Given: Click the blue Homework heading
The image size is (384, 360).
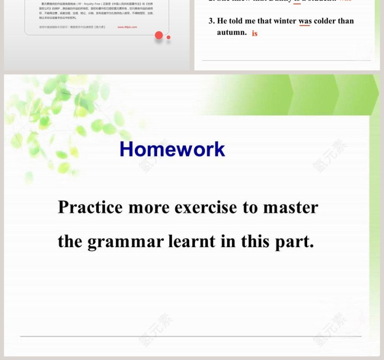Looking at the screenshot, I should [x=172, y=149].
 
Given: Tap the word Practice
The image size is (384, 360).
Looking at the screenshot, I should [x=90, y=207].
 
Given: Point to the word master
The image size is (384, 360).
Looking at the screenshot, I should [x=290, y=207].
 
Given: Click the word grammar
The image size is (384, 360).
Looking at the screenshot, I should [x=125, y=241].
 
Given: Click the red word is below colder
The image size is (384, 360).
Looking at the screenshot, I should [x=255, y=33].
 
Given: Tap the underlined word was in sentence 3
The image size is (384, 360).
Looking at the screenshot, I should [x=305, y=21].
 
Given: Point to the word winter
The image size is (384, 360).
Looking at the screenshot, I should [x=285, y=21].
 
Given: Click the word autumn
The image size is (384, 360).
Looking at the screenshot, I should [x=232, y=32].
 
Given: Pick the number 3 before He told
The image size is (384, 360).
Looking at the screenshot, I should [x=211, y=21].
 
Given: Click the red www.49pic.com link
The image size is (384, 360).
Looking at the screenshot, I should [x=127, y=27].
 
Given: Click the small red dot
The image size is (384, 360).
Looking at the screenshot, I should [x=169, y=37].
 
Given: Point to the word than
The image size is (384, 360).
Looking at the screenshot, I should [x=347, y=21].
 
